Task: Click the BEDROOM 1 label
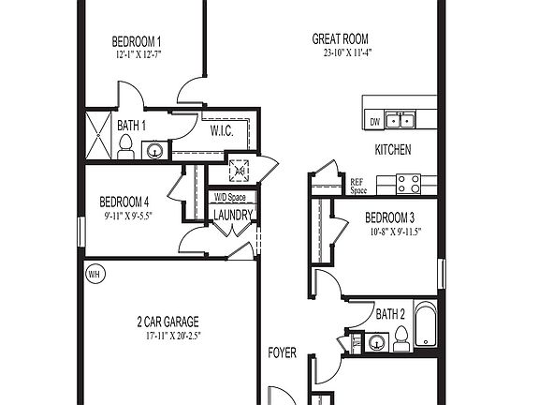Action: pos(137,41)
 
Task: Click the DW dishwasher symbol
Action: pos(374,121)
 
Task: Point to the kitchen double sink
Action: pos(401,119)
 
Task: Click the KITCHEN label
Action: pos(392,150)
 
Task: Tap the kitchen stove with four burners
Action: pos(407,184)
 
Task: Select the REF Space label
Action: pos(357,186)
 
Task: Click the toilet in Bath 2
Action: pos(401,338)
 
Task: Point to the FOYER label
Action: pos(282,353)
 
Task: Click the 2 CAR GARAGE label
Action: pos(168,322)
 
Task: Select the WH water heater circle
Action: pos(94,275)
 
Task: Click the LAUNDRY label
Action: pos(232,215)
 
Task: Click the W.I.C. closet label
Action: pos(221,130)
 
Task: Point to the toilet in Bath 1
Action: pos(125,144)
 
